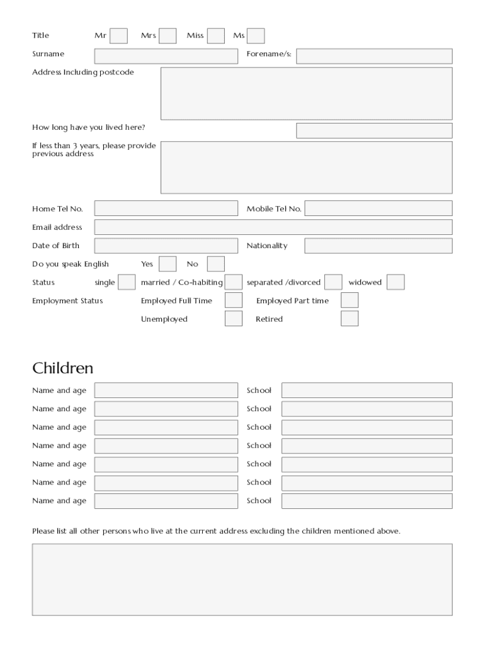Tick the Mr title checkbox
(x=118, y=36)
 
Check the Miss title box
(x=216, y=36)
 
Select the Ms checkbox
(x=256, y=36)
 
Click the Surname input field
(x=166, y=56)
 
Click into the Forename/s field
(x=374, y=56)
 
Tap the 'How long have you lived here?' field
(x=374, y=130)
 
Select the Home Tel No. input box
(x=166, y=208)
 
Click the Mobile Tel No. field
(x=378, y=208)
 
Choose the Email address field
(x=273, y=227)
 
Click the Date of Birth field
(x=166, y=246)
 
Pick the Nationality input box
(x=378, y=246)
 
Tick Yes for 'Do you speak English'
(x=168, y=264)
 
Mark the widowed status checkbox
(x=396, y=282)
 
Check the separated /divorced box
(x=333, y=282)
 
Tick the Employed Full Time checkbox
(x=234, y=300)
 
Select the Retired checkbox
(x=350, y=319)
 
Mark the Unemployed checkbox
(x=234, y=319)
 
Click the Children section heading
(x=63, y=368)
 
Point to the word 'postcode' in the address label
(x=117, y=72)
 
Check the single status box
(x=127, y=282)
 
